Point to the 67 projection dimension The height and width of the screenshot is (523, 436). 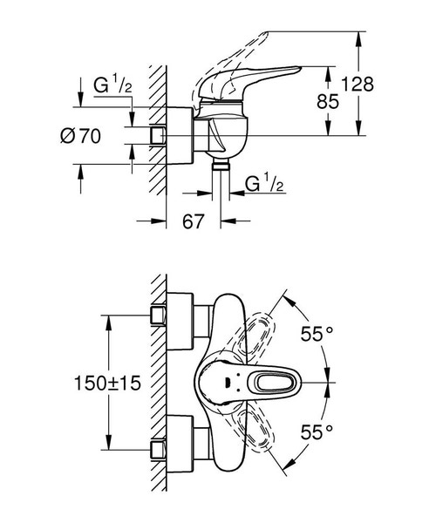tap(194, 222)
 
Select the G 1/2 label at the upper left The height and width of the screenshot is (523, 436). tap(110, 85)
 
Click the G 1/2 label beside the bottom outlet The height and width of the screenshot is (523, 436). tap(263, 184)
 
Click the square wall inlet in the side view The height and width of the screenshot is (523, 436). tap(160, 135)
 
